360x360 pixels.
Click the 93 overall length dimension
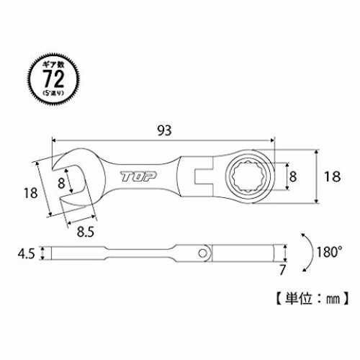[x=164, y=130]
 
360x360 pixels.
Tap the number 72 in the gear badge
[x=53, y=78]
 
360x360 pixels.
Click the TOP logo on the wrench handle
[x=138, y=176]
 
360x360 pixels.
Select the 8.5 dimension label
[x=85, y=232]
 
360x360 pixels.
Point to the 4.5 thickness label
[x=26, y=253]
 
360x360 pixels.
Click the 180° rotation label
[x=330, y=252]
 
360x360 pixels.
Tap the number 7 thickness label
[x=282, y=270]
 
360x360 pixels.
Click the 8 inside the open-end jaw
[x=61, y=183]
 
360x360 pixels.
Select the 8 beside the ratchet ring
[x=293, y=176]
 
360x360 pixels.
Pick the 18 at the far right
[x=333, y=176]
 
